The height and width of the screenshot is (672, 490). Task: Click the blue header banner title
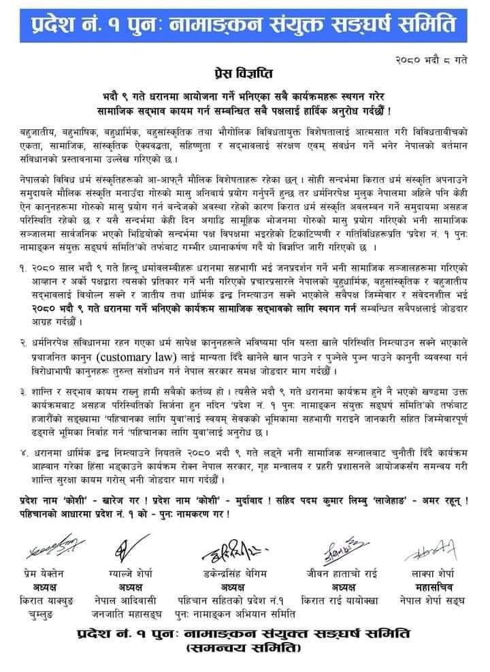tap(244, 27)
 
